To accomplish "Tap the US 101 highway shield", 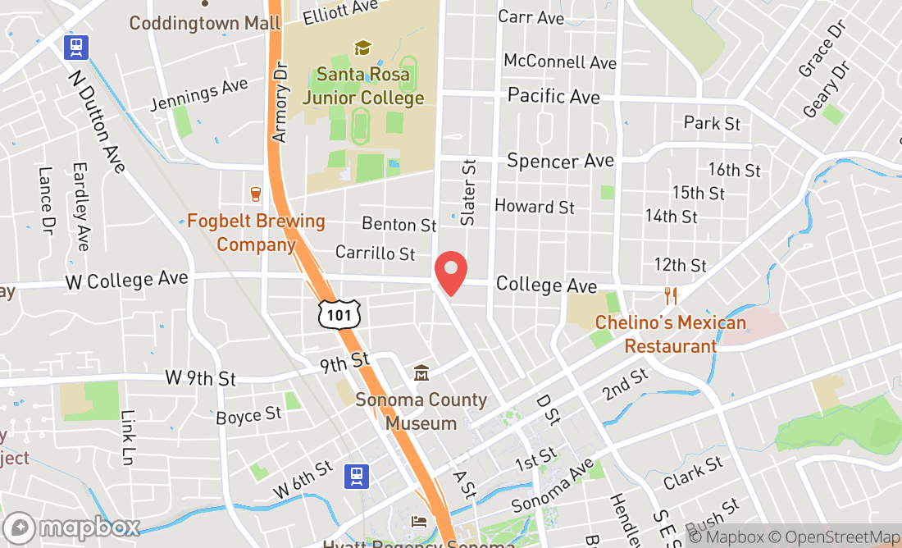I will point(336,313).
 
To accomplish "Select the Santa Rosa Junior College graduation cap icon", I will point(362,48).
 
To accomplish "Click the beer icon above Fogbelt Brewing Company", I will point(256,194).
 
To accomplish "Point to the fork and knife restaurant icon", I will point(671,296).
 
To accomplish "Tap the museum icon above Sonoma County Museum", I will point(421,373).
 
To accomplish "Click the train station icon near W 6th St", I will point(356,476).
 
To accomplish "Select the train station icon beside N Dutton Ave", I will point(77,47).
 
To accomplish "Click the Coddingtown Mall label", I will point(205,22).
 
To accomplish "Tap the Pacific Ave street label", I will point(553,96).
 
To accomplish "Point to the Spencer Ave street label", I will point(560,160).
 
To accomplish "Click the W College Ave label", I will point(126,280).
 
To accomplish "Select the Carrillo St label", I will point(375,253).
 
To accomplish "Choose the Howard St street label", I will point(535,207).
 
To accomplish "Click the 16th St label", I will point(735,170).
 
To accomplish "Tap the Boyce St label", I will point(248,417).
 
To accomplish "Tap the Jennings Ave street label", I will point(199,94).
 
